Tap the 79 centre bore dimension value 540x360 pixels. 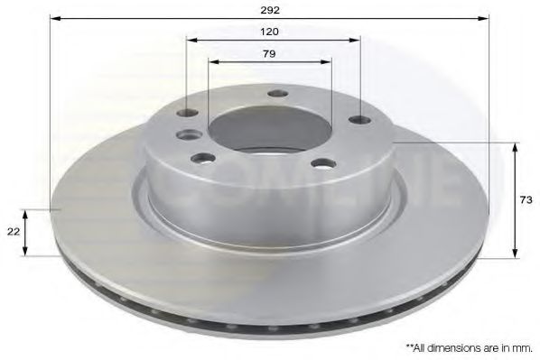[270, 53]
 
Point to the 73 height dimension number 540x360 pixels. [524, 199]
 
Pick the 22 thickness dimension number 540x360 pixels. [13, 232]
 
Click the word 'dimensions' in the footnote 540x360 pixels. [448, 346]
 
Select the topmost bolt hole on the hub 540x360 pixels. [278, 93]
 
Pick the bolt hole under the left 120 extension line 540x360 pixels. [188, 113]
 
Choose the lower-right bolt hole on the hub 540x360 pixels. [321, 164]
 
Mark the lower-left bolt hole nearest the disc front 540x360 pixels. [200, 160]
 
